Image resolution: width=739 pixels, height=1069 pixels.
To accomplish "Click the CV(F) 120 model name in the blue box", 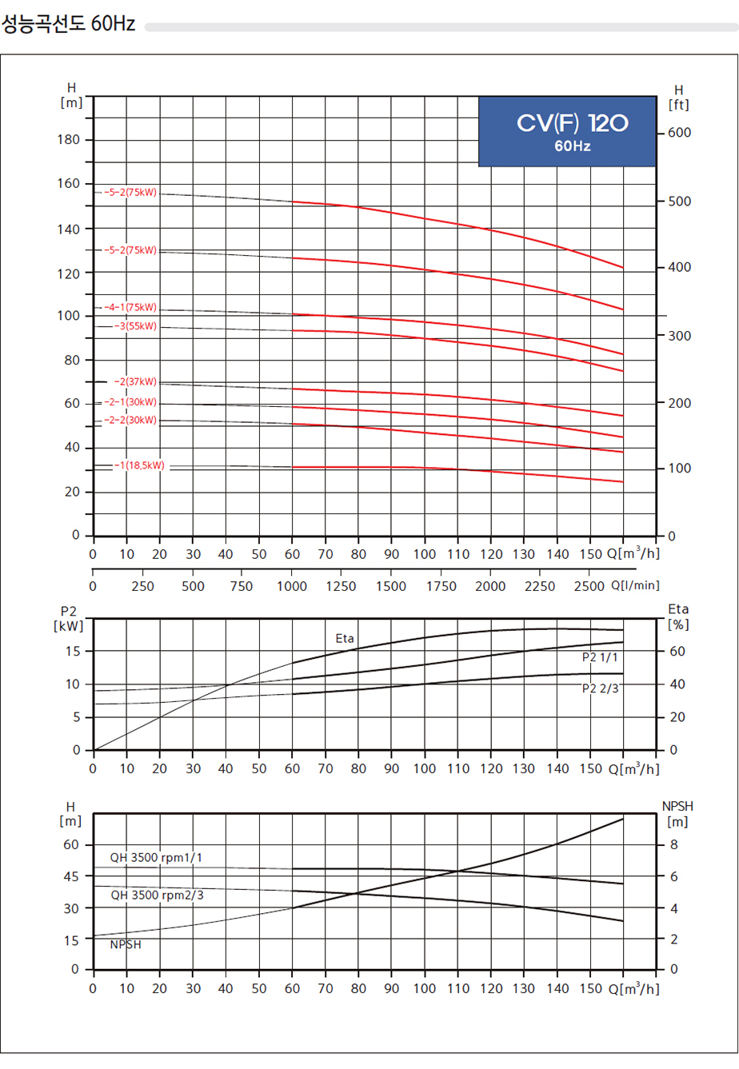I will [572, 123].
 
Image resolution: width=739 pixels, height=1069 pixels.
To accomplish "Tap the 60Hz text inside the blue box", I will [572, 146].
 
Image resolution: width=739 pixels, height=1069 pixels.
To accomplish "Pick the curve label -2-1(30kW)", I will [130, 402].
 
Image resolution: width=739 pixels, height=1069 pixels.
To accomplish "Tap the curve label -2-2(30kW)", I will [130, 420].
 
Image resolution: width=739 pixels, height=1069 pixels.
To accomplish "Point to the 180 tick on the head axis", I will [70, 140].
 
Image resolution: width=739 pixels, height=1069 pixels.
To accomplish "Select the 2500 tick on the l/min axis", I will [589, 586].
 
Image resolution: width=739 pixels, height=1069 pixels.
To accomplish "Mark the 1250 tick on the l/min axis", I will [342, 586].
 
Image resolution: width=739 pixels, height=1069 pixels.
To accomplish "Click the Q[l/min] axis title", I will [636, 585].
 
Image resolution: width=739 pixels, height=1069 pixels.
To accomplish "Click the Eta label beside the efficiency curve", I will [345, 638].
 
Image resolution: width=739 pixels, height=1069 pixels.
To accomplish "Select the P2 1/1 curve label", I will [601, 657].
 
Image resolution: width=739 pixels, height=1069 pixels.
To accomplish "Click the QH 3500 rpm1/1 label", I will [157, 858].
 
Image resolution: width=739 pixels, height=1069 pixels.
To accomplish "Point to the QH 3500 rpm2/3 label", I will [157, 895].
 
